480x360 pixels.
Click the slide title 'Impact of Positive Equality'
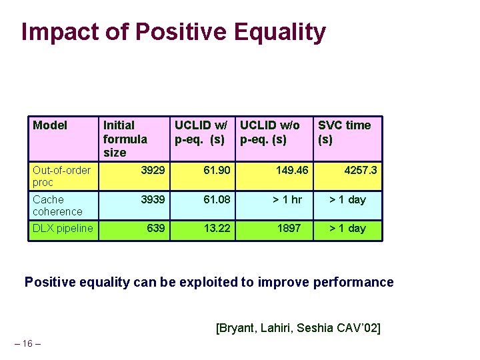click(173, 32)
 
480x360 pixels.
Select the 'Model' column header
click(50, 125)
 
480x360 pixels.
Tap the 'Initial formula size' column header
click(125, 139)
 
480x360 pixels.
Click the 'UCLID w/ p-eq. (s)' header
click(200, 132)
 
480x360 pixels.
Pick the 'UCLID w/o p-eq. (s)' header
click(269, 132)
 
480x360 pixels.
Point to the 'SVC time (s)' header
click(344, 132)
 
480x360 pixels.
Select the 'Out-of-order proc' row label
click(61, 176)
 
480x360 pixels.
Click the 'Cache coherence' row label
click(57, 205)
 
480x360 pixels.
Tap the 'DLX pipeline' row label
click(63, 229)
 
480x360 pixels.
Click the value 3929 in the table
click(153, 171)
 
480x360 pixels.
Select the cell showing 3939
click(153, 200)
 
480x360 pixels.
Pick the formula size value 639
click(156, 229)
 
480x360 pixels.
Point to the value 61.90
click(217, 171)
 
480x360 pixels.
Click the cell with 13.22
click(217, 229)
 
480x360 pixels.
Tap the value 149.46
click(292, 171)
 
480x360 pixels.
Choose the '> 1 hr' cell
click(287, 200)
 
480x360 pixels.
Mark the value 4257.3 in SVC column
click(360, 171)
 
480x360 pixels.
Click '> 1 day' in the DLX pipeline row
click(348, 229)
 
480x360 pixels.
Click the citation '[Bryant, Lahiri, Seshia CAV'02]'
click(298, 328)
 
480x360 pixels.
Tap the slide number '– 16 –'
click(27, 343)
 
